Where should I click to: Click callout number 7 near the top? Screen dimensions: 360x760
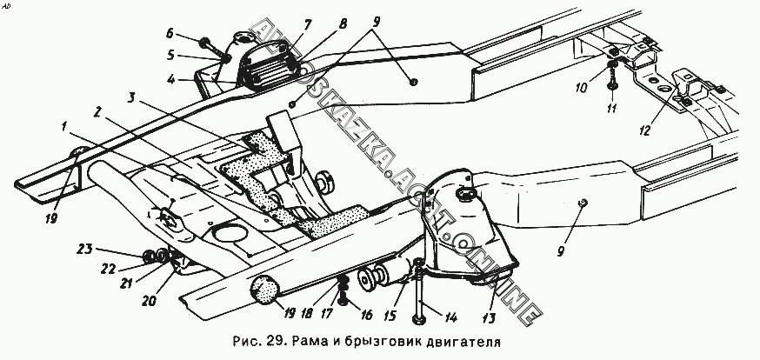(283, 23)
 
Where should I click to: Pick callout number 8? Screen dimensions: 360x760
(343, 23)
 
